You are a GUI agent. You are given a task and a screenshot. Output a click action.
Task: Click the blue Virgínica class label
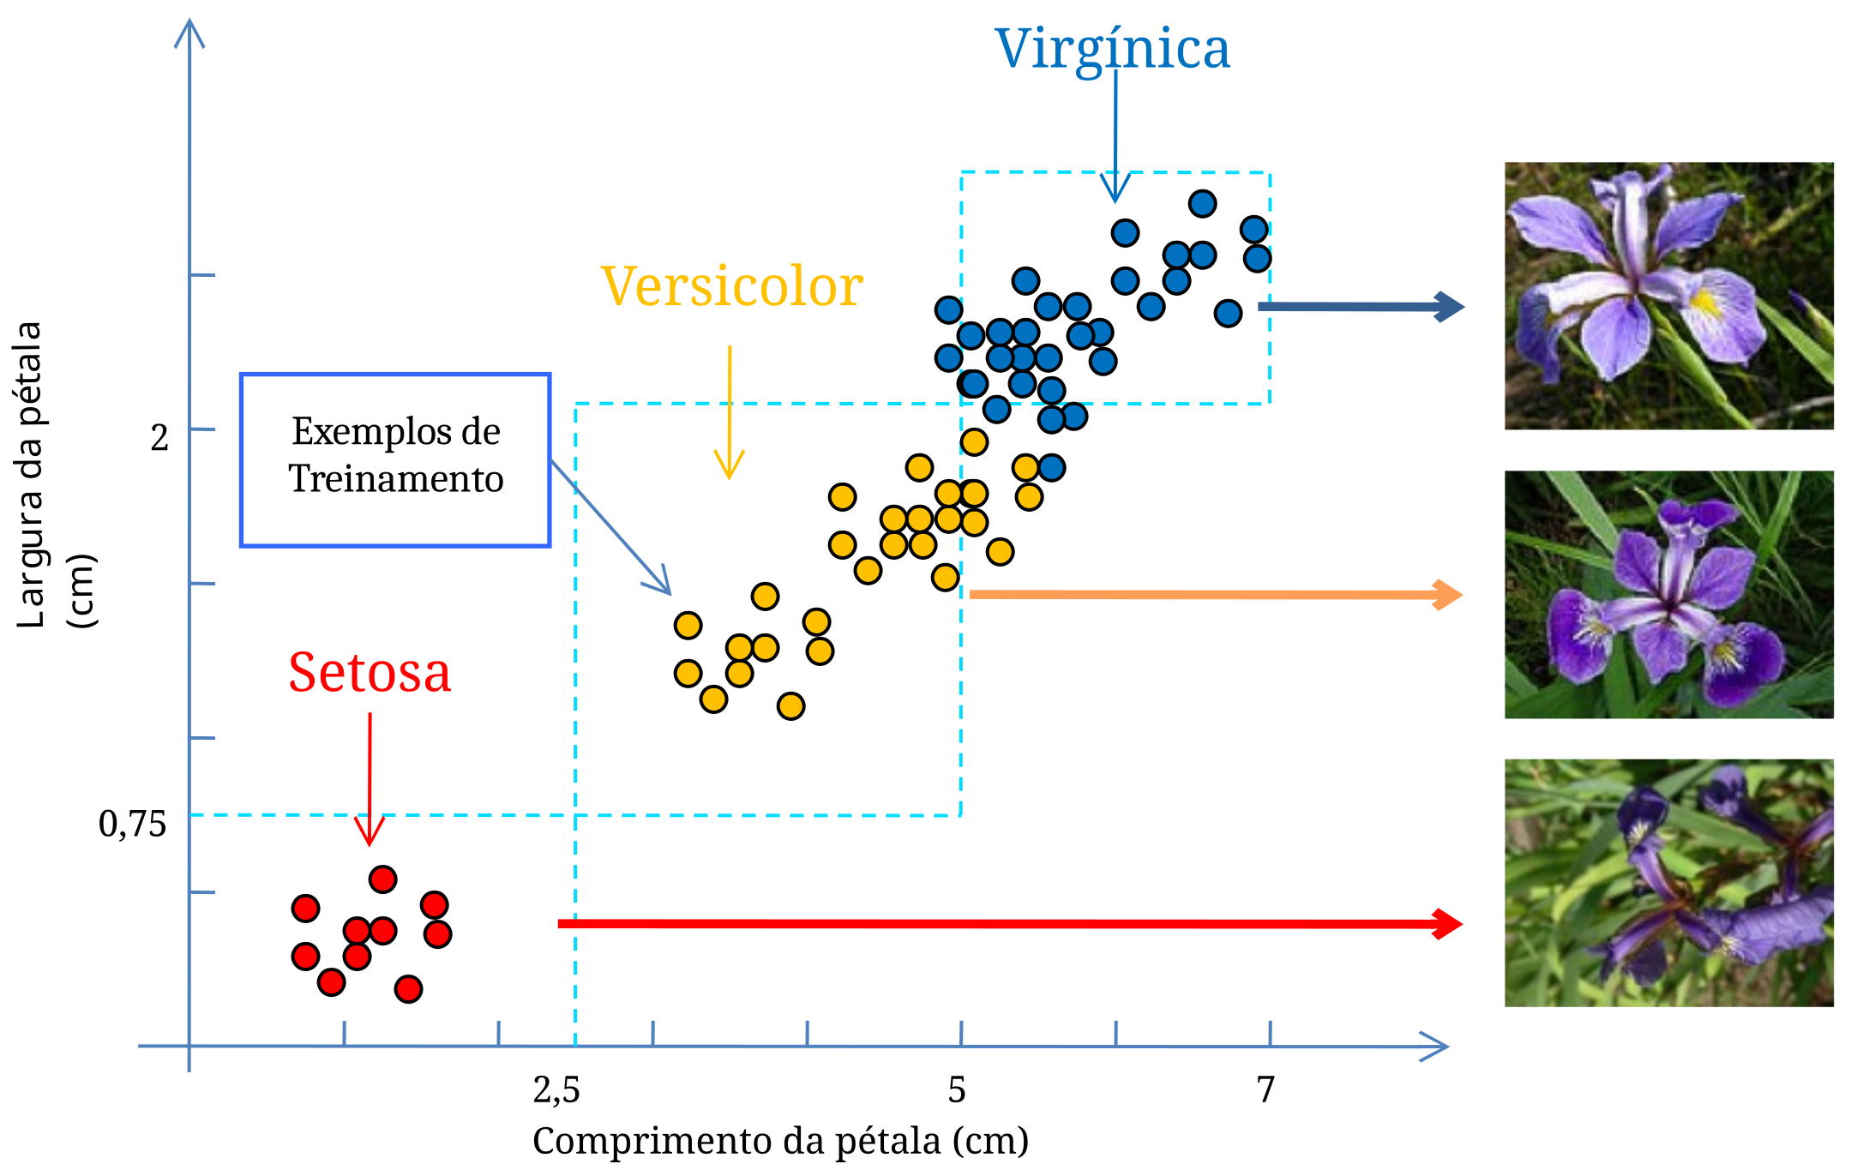tap(1112, 49)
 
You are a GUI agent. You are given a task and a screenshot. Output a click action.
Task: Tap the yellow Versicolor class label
tap(731, 286)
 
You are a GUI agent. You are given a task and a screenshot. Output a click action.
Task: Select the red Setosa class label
tap(370, 673)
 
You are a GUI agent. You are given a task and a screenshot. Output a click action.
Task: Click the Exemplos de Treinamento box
tap(395, 459)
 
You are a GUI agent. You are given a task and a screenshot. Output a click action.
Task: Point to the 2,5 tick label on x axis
tap(556, 1090)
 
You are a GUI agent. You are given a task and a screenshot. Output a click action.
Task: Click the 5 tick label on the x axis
tap(957, 1090)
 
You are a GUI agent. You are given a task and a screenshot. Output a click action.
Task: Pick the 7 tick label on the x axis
tap(1265, 1090)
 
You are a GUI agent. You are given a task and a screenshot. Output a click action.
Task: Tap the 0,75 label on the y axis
tap(132, 825)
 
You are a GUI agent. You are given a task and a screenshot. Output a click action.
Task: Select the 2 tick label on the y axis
tap(159, 438)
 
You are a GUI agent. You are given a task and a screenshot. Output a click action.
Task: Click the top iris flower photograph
tap(1668, 296)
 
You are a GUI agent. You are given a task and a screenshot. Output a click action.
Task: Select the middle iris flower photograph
tap(1668, 594)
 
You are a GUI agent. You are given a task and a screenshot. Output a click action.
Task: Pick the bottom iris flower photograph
tap(1668, 883)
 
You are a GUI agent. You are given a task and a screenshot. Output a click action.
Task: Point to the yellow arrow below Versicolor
tap(730, 411)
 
